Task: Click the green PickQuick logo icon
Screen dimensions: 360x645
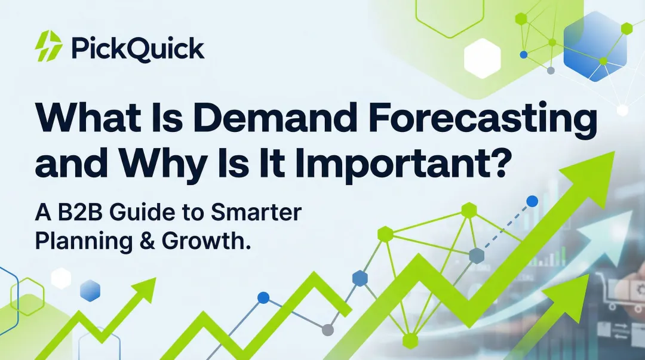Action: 48,47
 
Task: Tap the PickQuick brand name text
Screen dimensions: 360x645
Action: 138,48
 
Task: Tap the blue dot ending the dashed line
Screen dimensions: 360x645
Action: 532,201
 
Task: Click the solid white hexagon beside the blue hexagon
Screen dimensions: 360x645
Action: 482,59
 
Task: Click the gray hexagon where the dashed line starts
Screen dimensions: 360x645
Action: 476,256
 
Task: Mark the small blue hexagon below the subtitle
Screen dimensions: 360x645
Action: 90,290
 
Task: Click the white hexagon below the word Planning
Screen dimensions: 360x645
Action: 61,278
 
